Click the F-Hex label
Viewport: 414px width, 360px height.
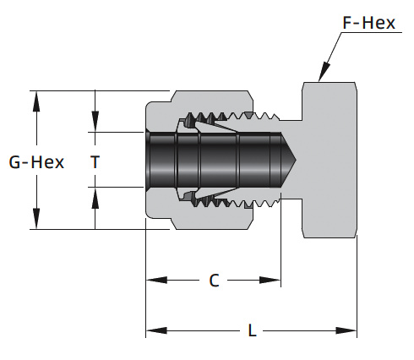(x=368, y=23)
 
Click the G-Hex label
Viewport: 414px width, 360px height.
(x=36, y=162)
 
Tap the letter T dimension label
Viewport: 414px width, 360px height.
(x=95, y=162)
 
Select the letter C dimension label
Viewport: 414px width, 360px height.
(x=214, y=281)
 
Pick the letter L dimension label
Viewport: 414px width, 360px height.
(x=252, y=330)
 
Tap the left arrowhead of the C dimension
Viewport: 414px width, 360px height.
(x=156, y=280)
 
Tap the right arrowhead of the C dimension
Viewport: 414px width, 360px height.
(x=270, y=280)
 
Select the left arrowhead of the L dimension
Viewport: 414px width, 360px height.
(x=156, y=330)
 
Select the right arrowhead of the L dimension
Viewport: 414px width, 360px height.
(x=346, y=330)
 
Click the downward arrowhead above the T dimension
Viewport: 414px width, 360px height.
(x=95, y=122)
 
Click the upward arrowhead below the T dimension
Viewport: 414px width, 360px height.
(x=95, y=198)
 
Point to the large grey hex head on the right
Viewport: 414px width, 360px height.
(x=330, y=160)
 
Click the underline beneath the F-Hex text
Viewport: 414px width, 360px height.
(x=372, y=33)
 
